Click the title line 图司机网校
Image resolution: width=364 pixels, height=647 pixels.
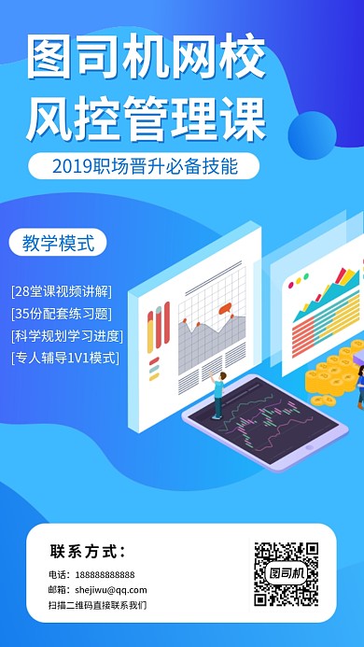click(x=147, y=57)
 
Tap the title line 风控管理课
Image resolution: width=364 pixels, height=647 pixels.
click(x=147, y=119)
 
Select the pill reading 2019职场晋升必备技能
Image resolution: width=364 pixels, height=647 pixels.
click(x=144, y=166)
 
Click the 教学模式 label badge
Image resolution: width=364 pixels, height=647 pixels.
click(x=58, y=243)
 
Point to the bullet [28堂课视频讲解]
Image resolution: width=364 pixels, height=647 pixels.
click(x=62, y=291)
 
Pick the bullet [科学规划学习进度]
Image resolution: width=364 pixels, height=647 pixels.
click(x=67, y=335)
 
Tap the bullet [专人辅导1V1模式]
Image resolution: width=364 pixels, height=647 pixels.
click(x=65, y=358)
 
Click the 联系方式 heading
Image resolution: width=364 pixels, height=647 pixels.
click(x=88, y=551)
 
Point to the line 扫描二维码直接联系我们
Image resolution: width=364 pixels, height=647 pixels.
click(x=97, y=605)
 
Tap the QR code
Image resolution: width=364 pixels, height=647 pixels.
click(x=287, y=573)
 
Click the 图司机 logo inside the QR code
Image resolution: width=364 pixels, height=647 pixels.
click(x=287, y=573)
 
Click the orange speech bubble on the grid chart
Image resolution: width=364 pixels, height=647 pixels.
click(x=225, y=308)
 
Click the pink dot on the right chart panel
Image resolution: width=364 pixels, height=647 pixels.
click(x=291, y=285)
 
